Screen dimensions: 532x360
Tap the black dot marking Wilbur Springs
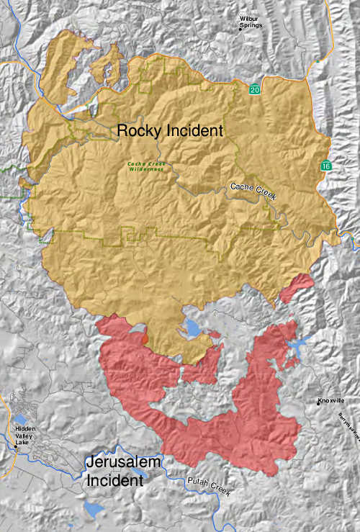pos(241,29)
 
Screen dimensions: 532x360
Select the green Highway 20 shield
pos(254,90)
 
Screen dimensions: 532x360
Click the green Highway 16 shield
pos(326,166)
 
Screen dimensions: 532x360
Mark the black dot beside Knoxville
pos(318,400)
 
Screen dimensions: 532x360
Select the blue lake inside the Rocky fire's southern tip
pos(192,330)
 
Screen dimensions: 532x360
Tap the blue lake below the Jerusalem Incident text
pos(93,510)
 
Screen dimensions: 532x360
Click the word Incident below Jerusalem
pos(114,480)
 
